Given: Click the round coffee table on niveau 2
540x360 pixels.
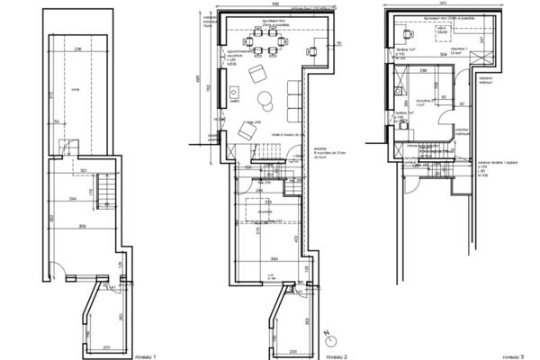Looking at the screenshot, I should click(266, 98).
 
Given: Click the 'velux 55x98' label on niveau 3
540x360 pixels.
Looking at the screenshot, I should click(442, 31).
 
